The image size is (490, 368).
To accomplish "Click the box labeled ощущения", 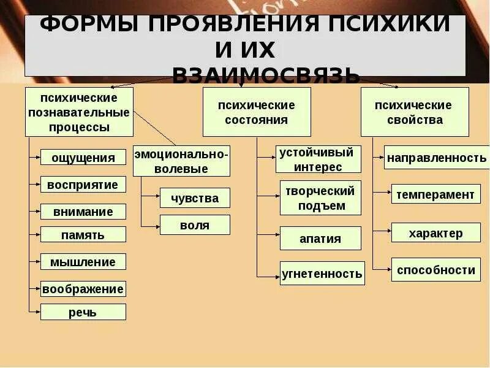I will click(83, 158).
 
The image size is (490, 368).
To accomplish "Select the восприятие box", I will click(83, 185).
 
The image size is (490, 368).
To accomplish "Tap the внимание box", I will click(83, 212).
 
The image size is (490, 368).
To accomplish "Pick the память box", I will click(83, 234).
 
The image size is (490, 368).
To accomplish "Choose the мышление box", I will click(83, 262).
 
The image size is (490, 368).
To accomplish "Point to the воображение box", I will click(83, 288).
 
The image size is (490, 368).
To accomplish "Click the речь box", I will click(83, 312).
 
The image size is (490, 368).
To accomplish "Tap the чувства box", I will click(195, 198).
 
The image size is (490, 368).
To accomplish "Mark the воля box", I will click(195, 225).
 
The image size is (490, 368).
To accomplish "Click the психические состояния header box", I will click(257, 112).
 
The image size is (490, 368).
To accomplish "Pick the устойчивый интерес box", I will click(320, 159).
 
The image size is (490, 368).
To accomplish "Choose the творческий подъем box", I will click(321, 197).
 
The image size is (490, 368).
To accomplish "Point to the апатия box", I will click(320, 239).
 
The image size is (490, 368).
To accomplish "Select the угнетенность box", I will click(322, 274).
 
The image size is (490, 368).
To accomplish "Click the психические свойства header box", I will click(415, 112).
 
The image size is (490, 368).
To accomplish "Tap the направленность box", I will click(437, 158).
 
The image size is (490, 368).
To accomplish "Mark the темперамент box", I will click(435, 194).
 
